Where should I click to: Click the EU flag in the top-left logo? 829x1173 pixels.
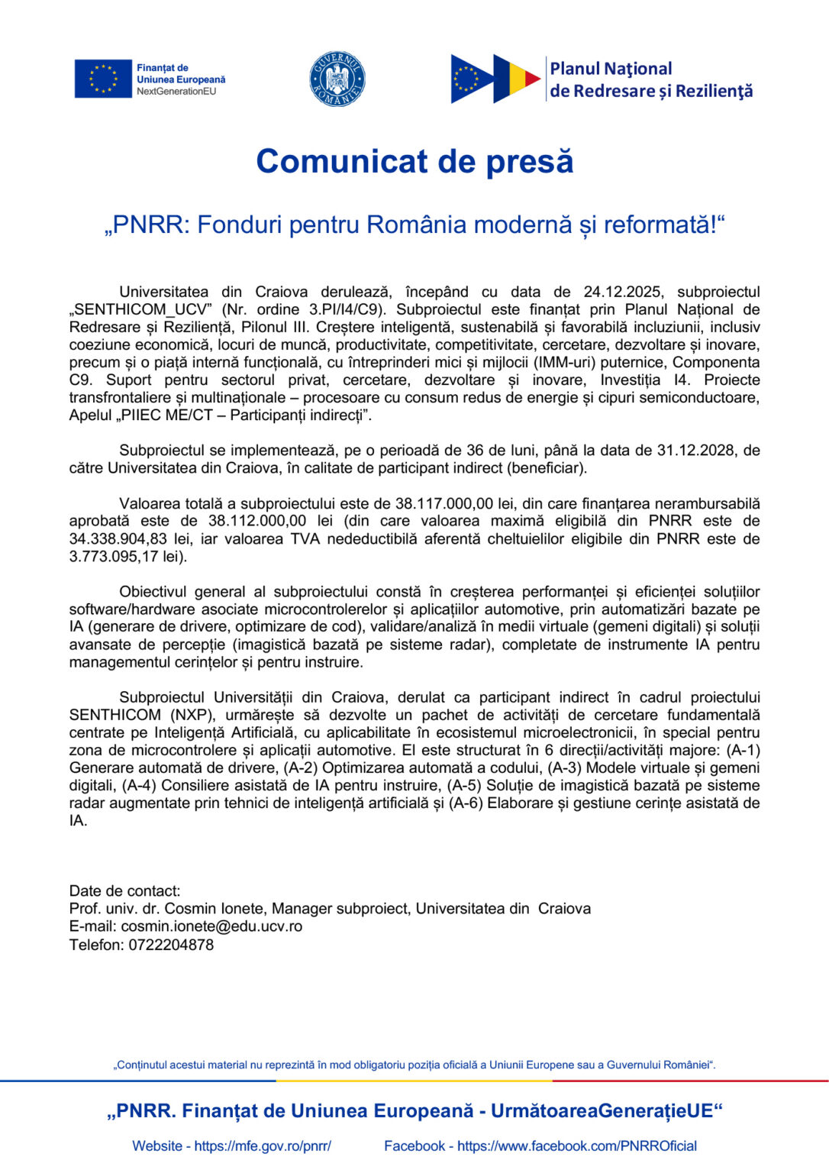[x=103, y=79]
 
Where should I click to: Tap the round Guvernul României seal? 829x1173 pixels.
[x=337, y=79]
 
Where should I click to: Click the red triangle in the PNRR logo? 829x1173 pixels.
[x=532, y=79]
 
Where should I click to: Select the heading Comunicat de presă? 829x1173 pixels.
[x=414, y=161]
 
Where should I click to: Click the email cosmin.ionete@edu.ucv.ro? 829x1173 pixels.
[x=211, y=926]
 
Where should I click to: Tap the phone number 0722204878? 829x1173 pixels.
[x=171, y=945]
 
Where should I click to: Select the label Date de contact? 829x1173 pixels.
[x=124, y=890]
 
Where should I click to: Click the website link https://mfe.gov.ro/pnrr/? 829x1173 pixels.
[x=263, y=1146]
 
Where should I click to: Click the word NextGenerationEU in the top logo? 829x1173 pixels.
[x=176, y=92]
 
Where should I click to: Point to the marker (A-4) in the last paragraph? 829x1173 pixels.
[x=139, y=785]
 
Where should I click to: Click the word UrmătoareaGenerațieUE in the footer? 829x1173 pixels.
[x=602, y=1111]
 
